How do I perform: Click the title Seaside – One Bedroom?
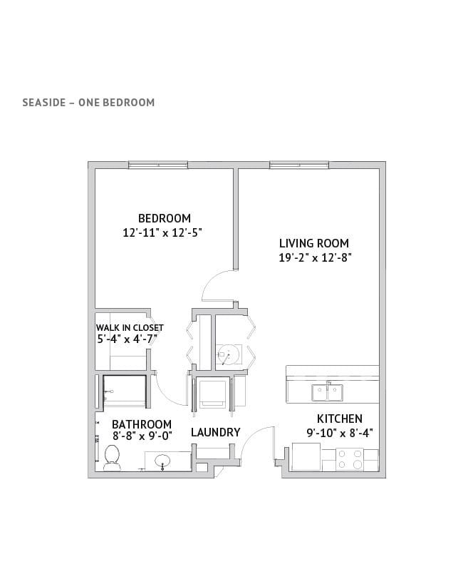coord(88,103)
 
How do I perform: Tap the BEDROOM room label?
coord(165,218)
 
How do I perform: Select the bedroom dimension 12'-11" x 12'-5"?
coord(162,232)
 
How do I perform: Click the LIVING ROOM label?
coord(314,244)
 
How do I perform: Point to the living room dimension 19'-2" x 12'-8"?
coord(315,257)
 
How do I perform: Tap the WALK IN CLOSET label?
coord(130,328)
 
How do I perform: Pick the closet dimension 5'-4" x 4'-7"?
coord(128,339)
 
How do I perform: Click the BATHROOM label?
coord(142,424)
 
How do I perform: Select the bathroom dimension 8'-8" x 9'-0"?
coord(142,436)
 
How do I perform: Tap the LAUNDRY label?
coord(215,432)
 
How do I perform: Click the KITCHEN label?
coord(339,419)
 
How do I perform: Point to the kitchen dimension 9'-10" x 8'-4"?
coord(340,433)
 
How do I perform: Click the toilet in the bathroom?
coord(111,458)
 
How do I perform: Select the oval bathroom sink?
coord(163,461)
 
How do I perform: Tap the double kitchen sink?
coord(327,392)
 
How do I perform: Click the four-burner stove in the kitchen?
coord(350,460)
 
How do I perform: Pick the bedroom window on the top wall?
coord(158,165)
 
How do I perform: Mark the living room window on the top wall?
coord(299,165)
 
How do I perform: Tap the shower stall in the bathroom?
coord(125,391)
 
